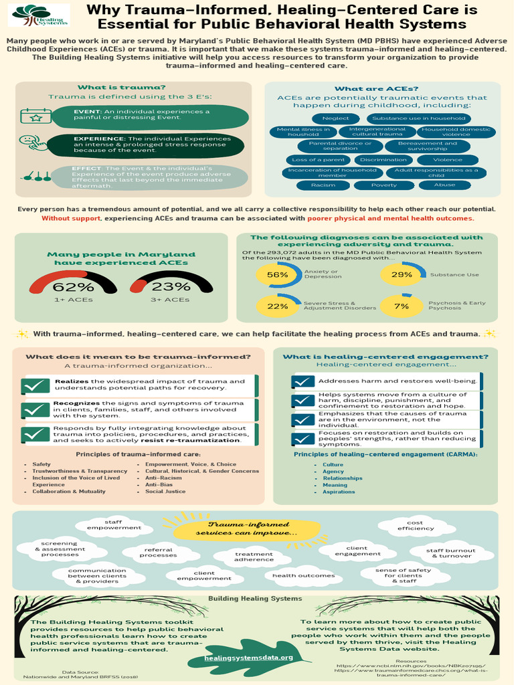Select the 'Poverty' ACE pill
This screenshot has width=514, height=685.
[384, 185]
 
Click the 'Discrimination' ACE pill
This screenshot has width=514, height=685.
[382, 160]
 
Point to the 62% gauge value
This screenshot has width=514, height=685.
[73, 286]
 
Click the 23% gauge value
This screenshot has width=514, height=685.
[171, 286]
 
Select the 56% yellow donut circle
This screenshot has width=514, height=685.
[277, 274]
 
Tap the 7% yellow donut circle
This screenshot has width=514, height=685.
[402, 306]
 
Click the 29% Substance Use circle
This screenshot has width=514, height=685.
[402, 274]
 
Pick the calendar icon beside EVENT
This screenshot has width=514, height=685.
[35, 116]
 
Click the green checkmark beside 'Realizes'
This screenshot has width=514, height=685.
[36, 386]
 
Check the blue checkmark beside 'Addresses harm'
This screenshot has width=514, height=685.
[304, 381]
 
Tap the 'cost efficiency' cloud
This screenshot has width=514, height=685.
[415, 526]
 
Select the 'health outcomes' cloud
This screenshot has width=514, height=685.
[299, 575]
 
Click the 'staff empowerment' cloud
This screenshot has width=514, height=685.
[113, 524]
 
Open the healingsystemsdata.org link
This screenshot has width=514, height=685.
[249, 658]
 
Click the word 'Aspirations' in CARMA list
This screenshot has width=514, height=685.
[339, 492]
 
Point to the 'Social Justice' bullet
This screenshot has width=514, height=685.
[165, 492]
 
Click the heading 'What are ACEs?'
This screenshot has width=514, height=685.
[376, 89]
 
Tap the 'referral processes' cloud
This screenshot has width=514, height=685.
[159, 553]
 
